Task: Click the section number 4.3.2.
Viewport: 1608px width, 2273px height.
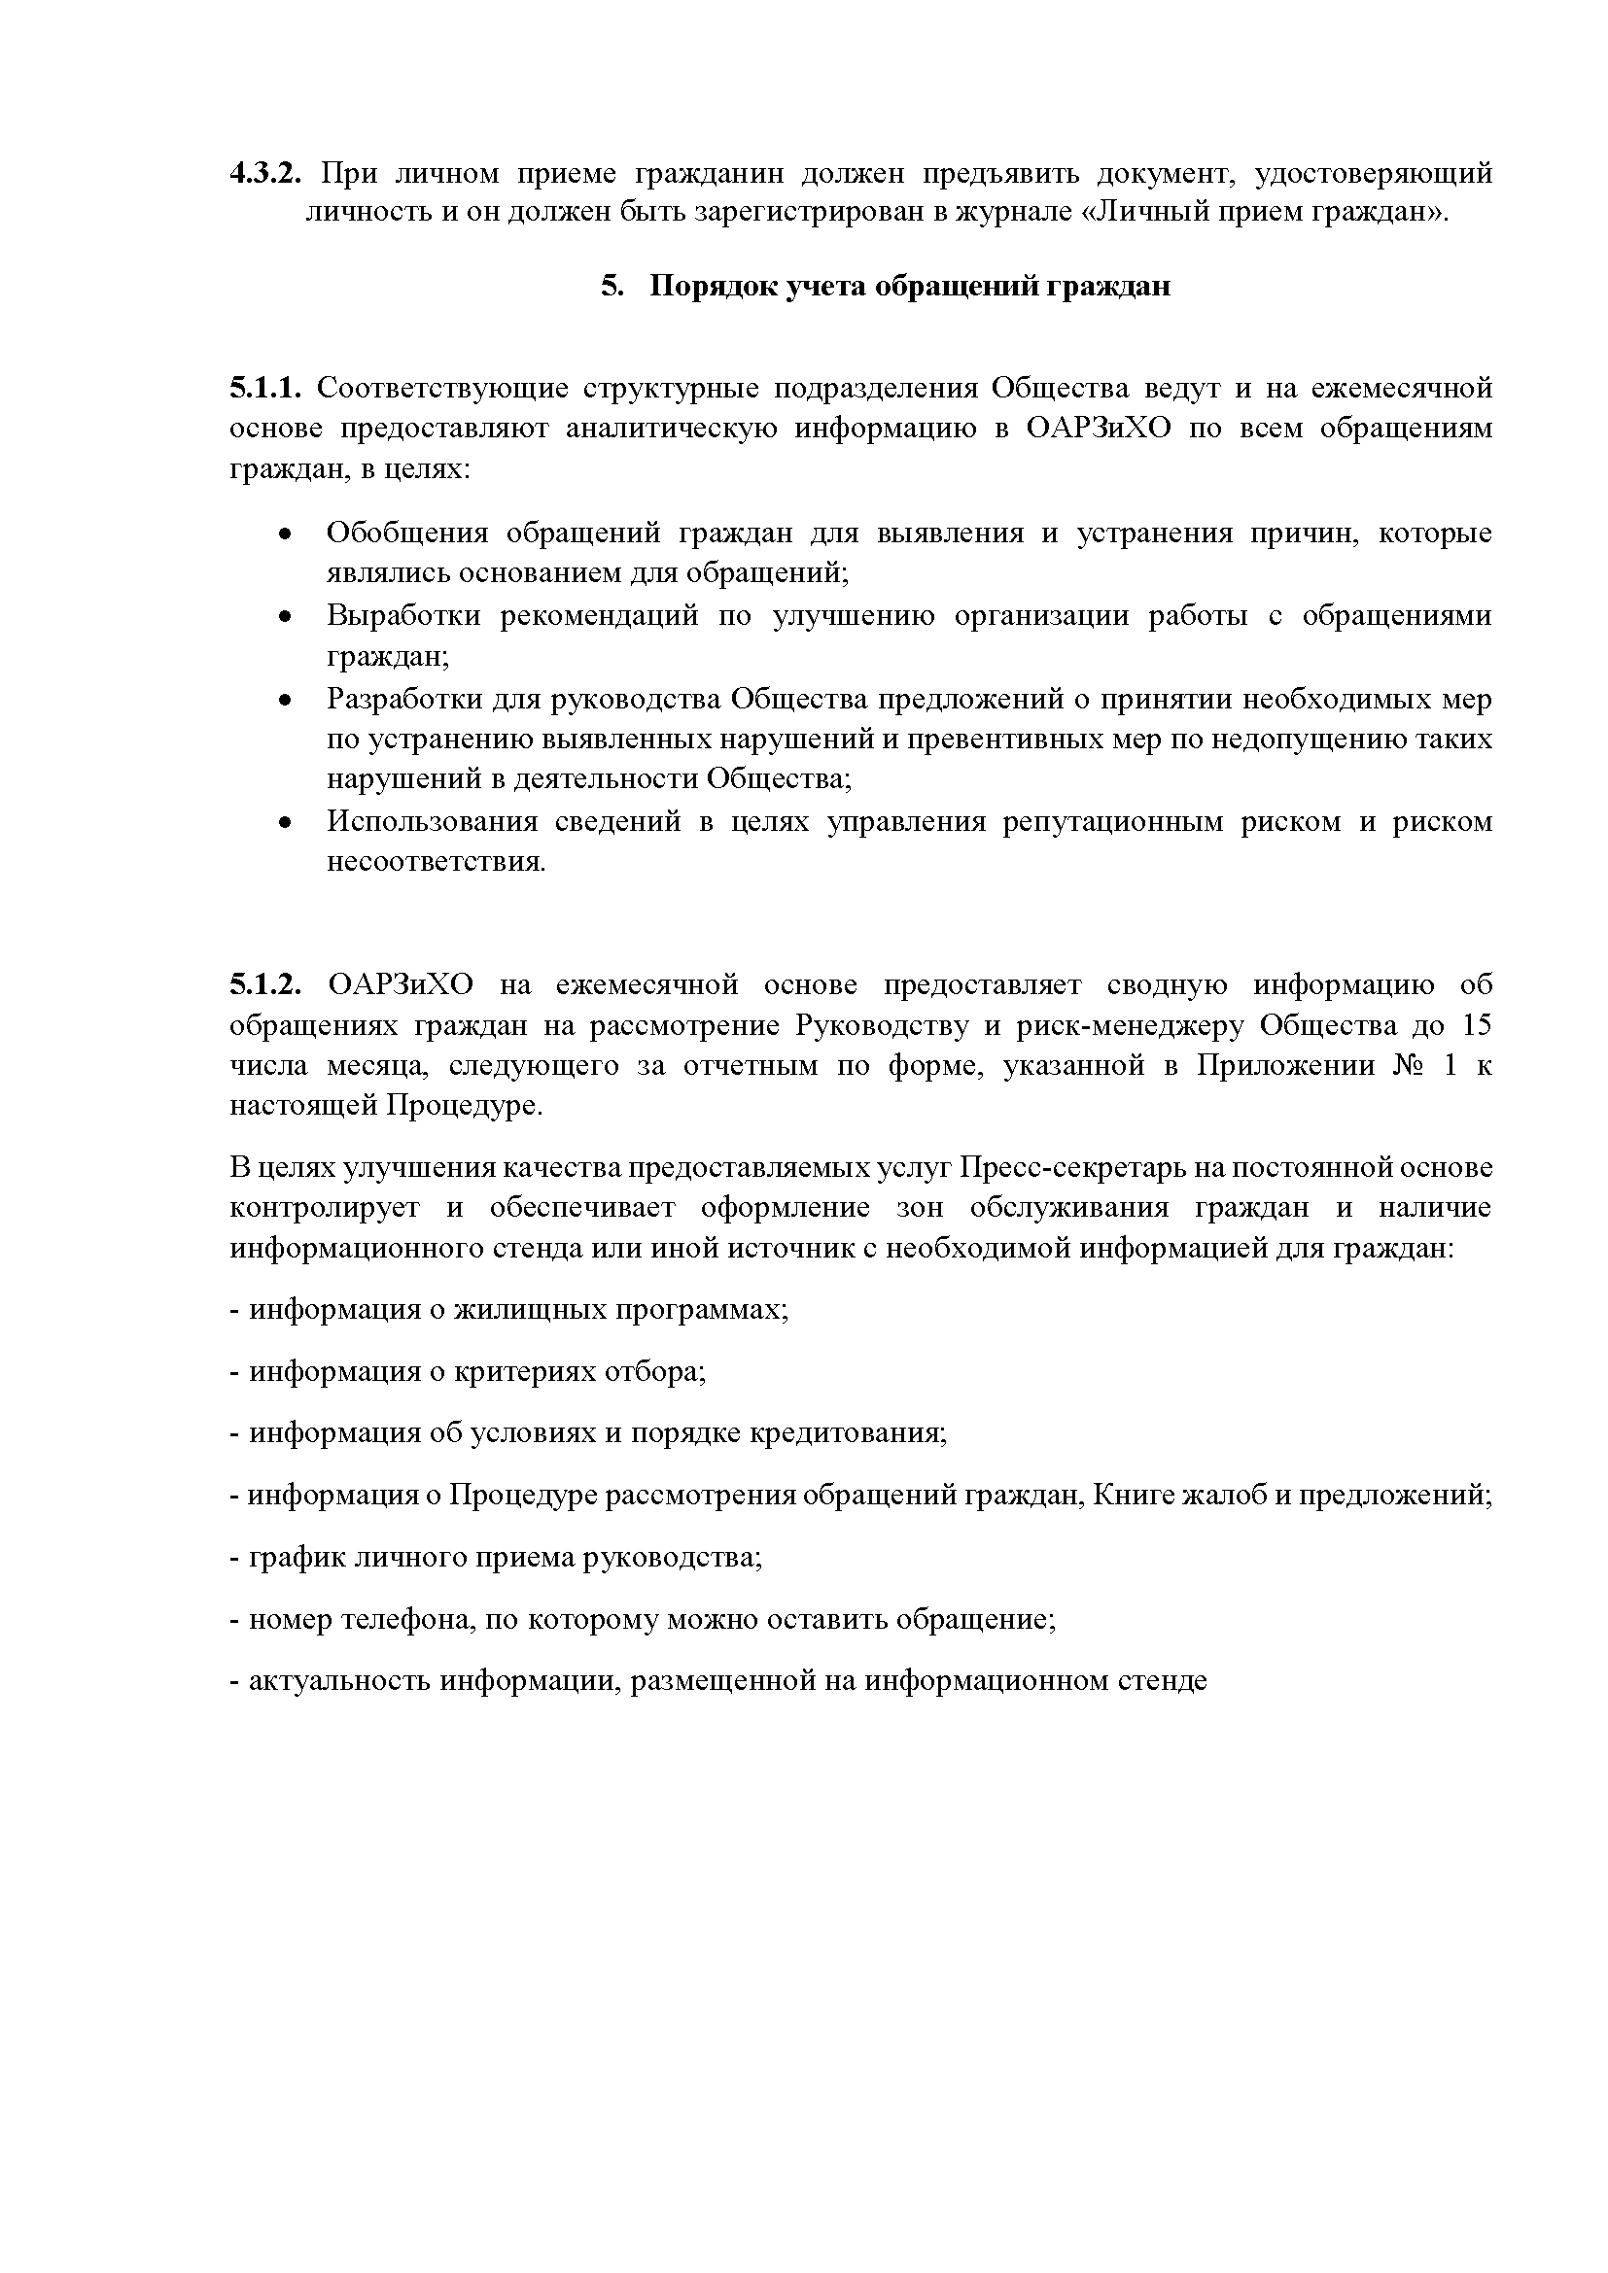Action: tap(263, 174)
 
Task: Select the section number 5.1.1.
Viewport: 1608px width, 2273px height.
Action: tap(263, 388)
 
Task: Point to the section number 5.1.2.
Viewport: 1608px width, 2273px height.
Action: tap(263, 985)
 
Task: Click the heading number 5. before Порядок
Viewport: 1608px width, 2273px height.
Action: tap(612, 286)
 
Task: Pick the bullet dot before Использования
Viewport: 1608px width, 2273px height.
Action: tap(285, 824)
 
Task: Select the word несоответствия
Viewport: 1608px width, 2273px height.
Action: tap(436, 862)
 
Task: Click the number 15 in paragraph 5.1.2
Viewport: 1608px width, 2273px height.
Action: tap(1477, 1025)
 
